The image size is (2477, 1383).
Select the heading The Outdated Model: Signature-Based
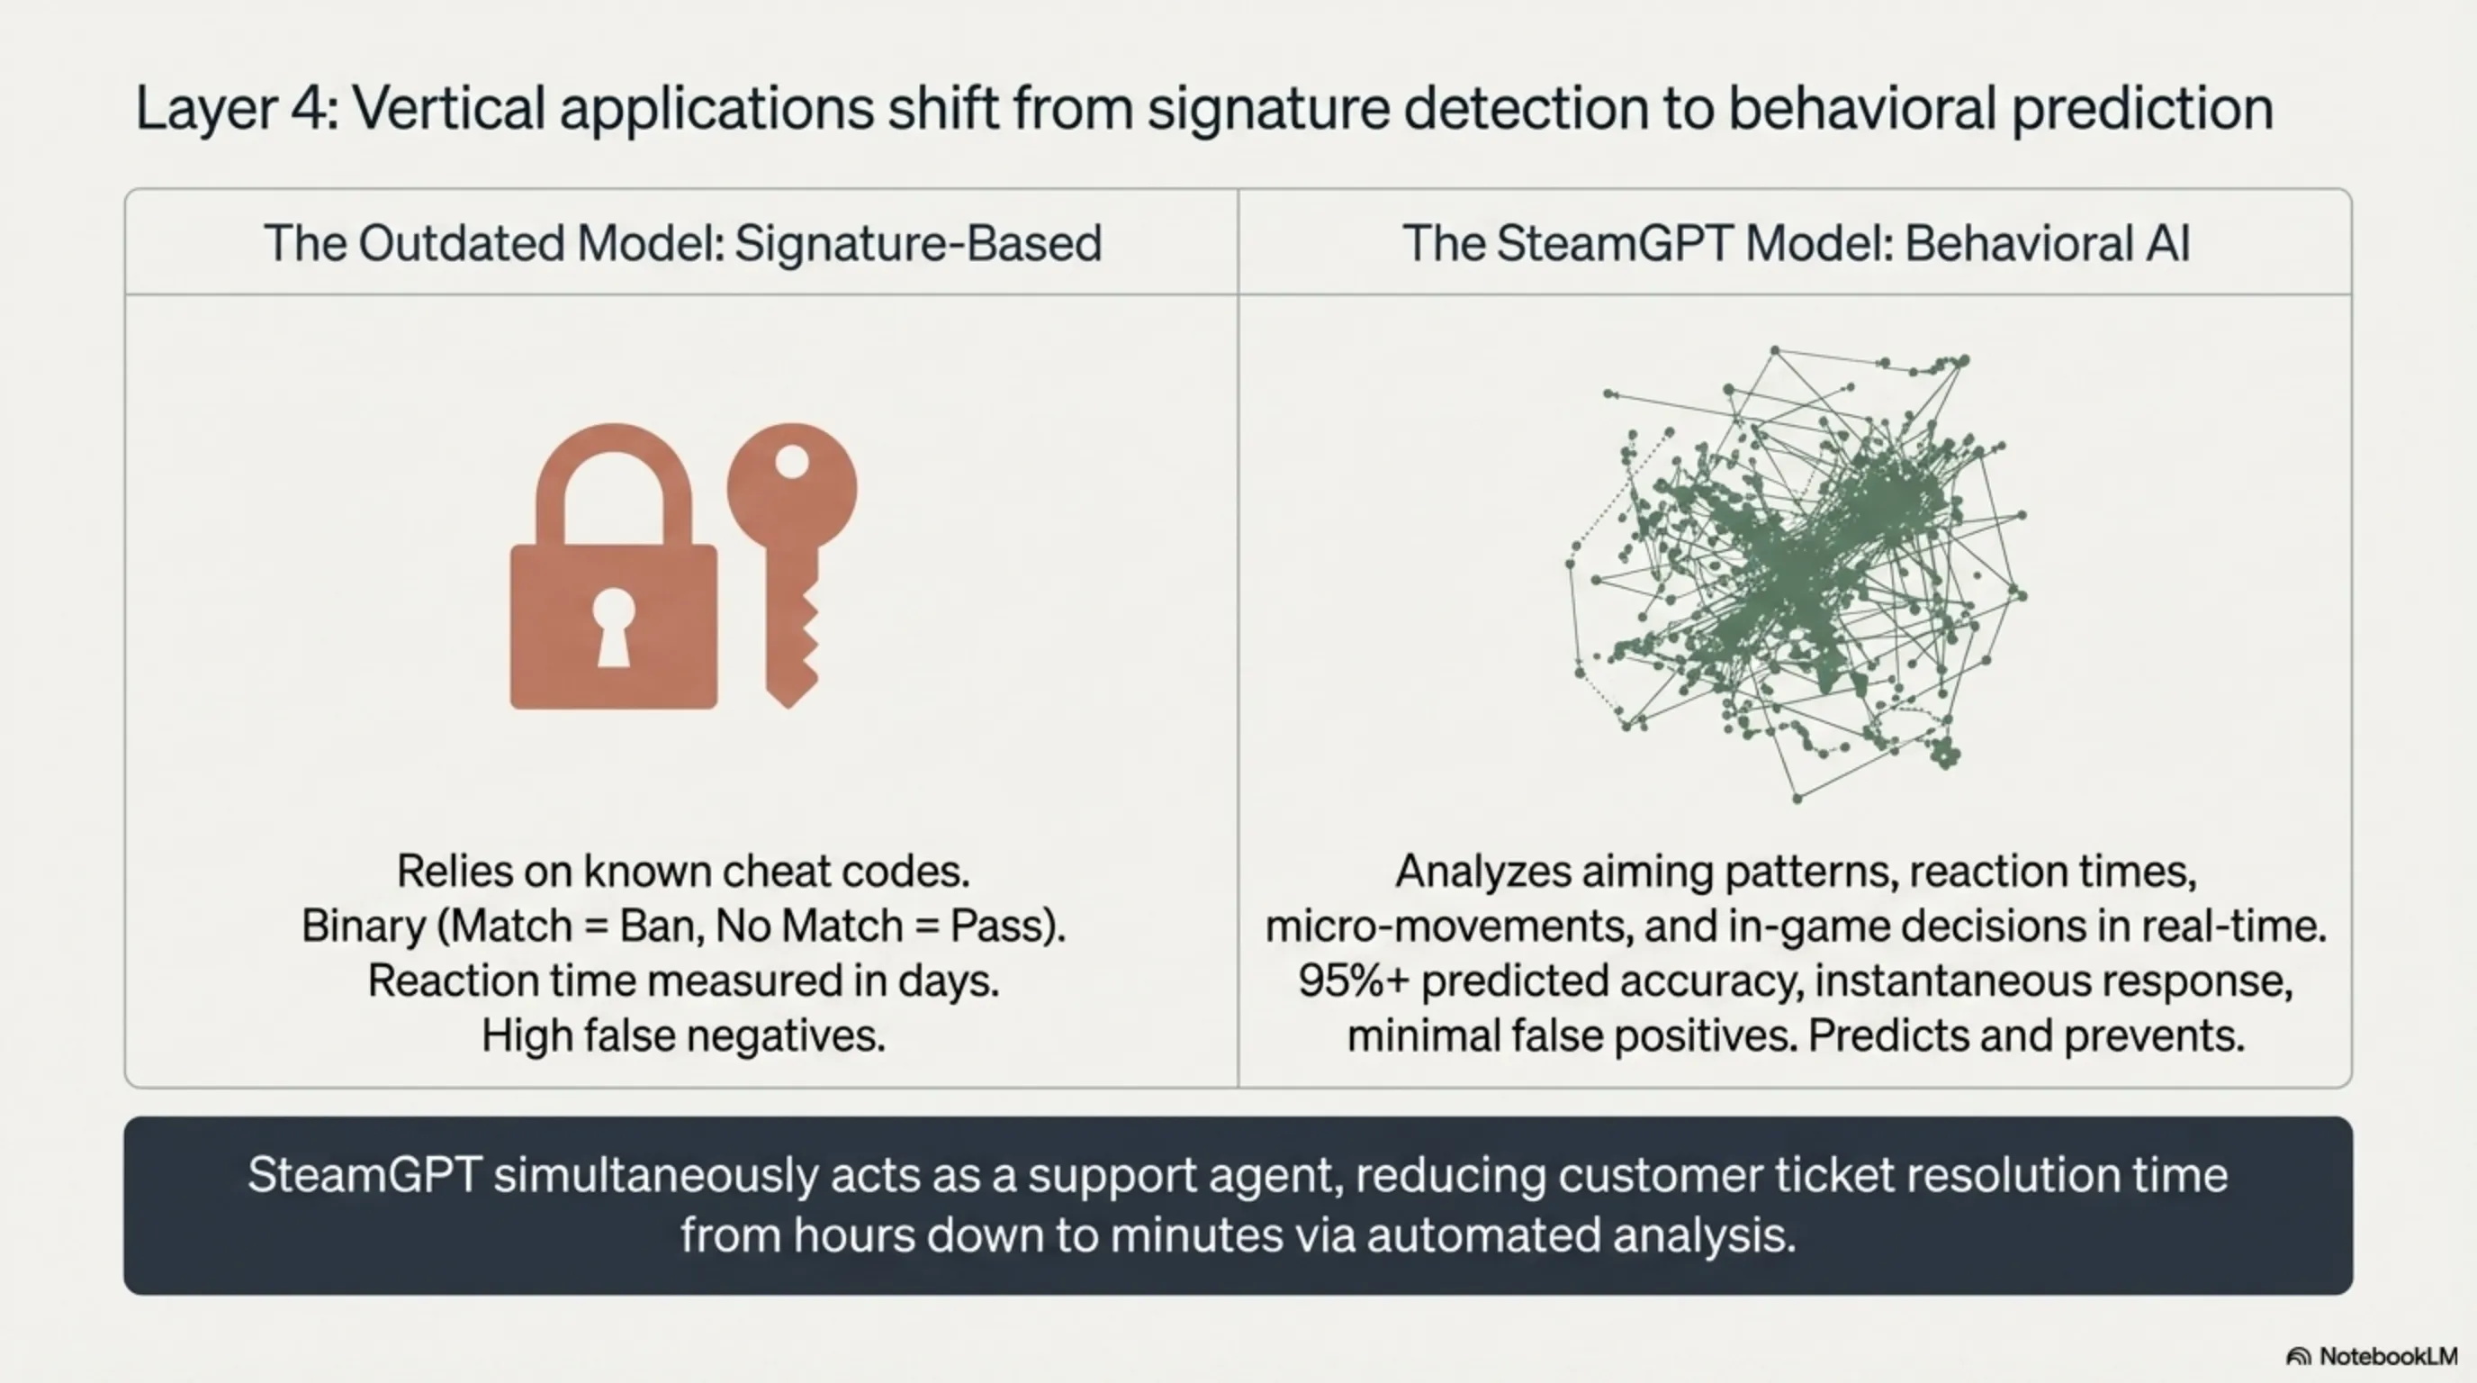tap(683, 242)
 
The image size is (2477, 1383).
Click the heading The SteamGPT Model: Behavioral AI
tap(1797, 242)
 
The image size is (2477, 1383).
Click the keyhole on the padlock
tap(614, 626)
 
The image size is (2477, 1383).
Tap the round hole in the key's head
tap(792, 461)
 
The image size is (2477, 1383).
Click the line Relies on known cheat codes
tap(683, 872)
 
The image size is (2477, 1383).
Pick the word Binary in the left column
tap(363, 927)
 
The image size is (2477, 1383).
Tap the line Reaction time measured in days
tap(683, 981)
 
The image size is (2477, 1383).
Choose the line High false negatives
tap(683, 1035)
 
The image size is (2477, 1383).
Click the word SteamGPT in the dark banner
tap(365, 1175)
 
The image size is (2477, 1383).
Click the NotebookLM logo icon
tap(2298, 1357)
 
